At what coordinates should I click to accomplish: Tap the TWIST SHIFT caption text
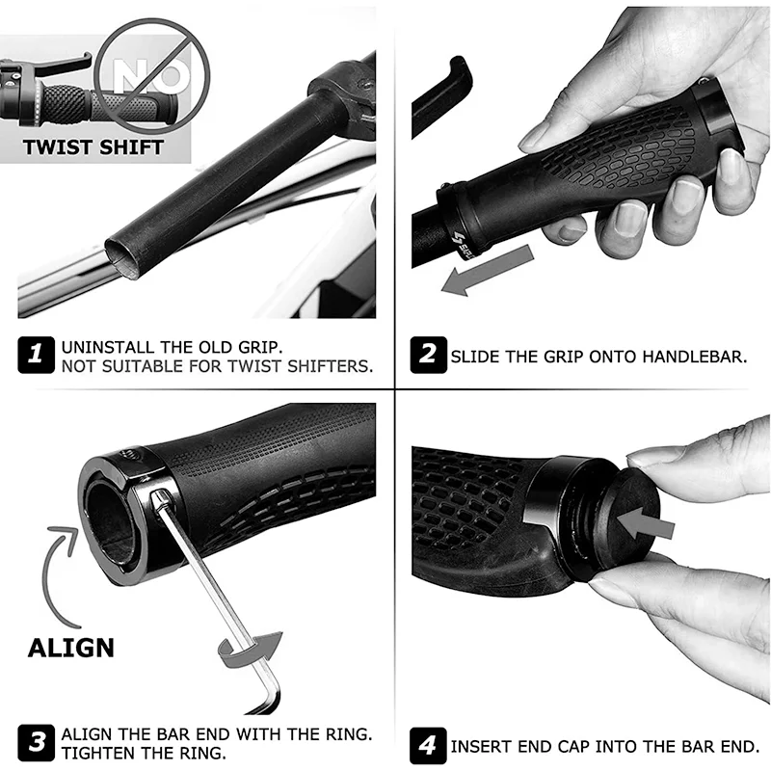93,147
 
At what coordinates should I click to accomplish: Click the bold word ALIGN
70,647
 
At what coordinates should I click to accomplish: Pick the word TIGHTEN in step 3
97,753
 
